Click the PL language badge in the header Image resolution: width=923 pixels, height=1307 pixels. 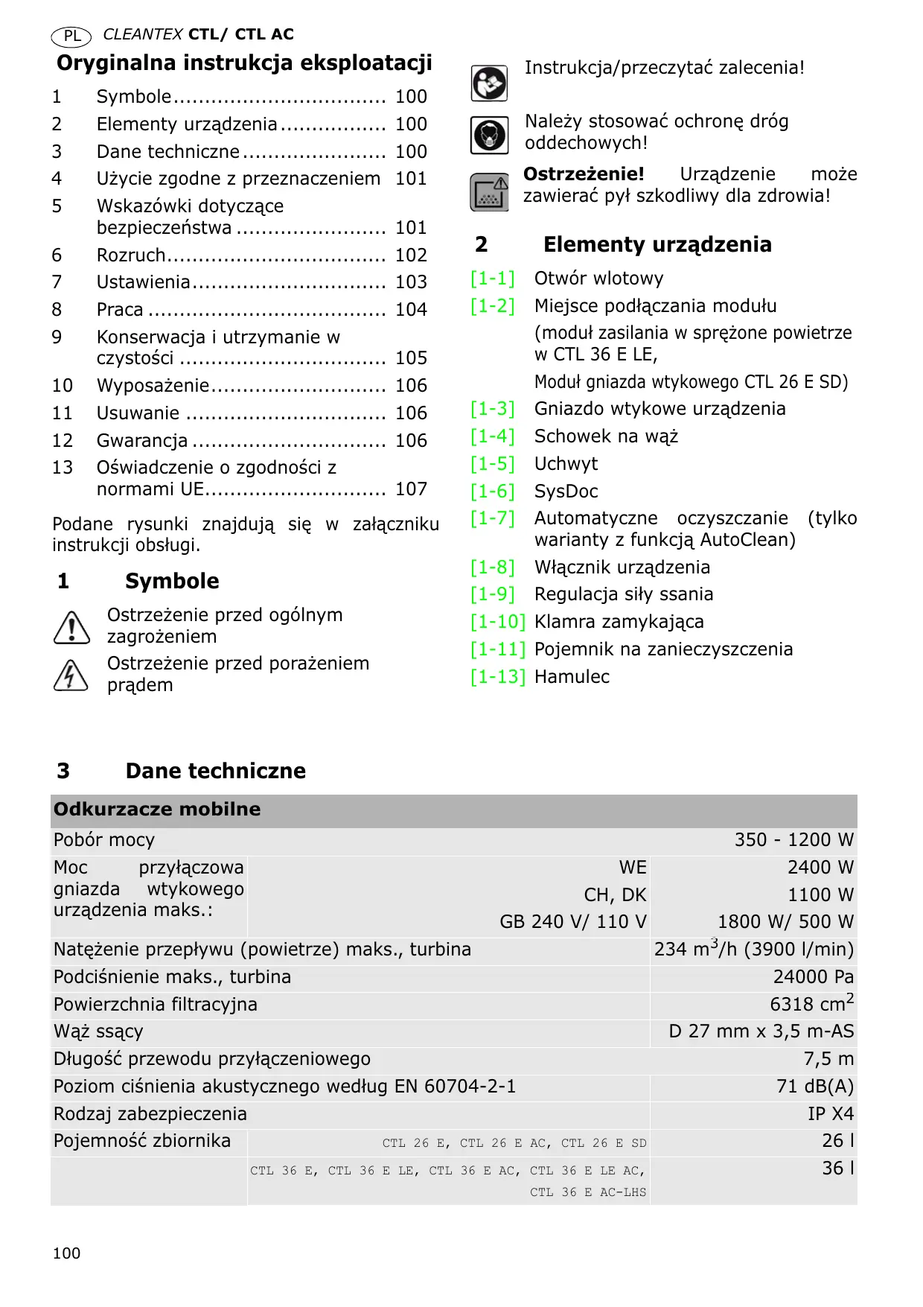[x=71, y=36]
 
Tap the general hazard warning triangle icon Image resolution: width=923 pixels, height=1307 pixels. [x=71, y=627]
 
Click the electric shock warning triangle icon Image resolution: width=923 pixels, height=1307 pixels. [x=71, y=675]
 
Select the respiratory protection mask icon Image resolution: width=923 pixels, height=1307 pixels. [x=489, y=136]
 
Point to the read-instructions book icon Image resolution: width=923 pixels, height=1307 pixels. [x=489, y=83]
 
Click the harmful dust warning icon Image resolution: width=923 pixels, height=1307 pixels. [x=489, y=192]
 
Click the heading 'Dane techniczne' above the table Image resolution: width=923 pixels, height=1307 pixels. [x=215, y=771]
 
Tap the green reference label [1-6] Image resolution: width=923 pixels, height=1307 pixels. [x=492, y=492]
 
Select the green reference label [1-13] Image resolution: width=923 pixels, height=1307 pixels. [x=497, y=677]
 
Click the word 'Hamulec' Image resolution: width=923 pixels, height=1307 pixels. [x=572, y=677]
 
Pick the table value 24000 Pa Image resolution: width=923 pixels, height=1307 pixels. [x=813, y=977]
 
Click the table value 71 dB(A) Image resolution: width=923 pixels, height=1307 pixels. [x=814, y=1087]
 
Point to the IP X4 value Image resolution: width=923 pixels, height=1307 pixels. [x=831, y=1114]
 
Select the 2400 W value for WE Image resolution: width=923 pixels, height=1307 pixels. [x=820, y=868]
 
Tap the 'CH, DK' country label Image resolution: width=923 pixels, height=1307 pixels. [x=615, y=895]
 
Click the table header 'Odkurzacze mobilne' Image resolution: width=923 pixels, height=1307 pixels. [x=157, y=810]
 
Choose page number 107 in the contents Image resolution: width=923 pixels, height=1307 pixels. [x=411, y=489]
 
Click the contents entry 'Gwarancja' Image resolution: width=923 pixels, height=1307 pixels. [x=142, y=441]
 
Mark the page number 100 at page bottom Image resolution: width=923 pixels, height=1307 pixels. [x=66, y=1253]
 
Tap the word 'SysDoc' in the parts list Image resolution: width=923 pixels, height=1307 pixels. [x=566, y=492]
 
